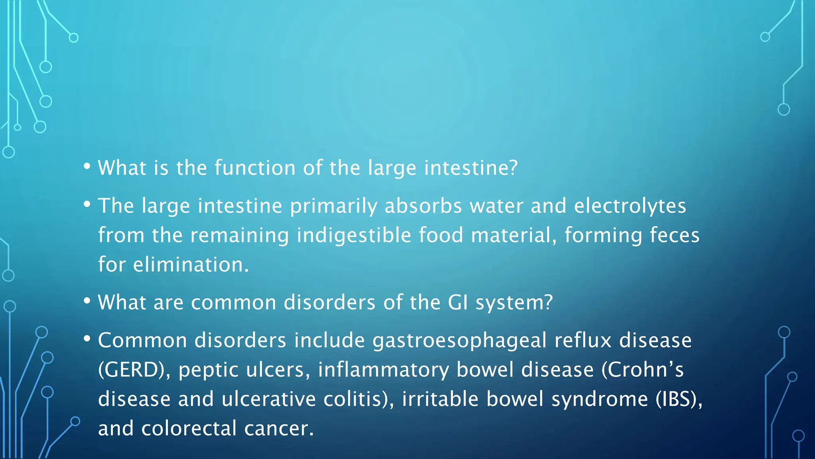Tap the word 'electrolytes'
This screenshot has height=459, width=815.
630,206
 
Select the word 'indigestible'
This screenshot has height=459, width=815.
354,235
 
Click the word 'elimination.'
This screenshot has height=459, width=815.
191,265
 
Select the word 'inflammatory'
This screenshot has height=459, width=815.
383,370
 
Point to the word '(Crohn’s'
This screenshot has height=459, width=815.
642,370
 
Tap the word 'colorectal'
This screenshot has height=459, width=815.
189,429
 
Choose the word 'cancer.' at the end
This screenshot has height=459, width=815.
279,429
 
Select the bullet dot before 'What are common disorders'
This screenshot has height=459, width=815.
87,301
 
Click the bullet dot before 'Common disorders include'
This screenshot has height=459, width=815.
87,339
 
